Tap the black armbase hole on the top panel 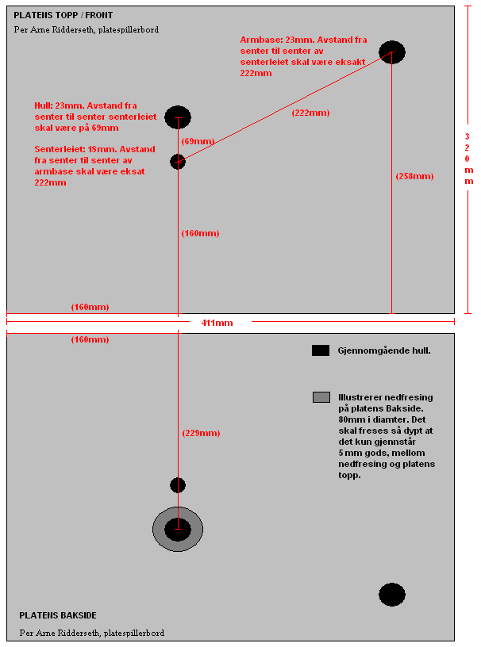(x=392, y=53)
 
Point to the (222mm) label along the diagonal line (x=310, y=113)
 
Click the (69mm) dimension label (x=198, y=141)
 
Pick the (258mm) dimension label (x=414, y=176)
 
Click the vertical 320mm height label (x=468, y=159)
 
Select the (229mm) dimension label (x=201, y=433)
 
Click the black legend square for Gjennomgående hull (x=321, y=350)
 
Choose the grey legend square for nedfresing (x=321, y=397)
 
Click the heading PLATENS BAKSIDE (x=57, y=615)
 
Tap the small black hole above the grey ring (x=178, y=485)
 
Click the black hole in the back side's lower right (x=392, y=594)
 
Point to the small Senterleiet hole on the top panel (x=178, y=162)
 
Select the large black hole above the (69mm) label (x=178, y=117)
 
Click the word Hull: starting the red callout (x=44, y=105)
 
